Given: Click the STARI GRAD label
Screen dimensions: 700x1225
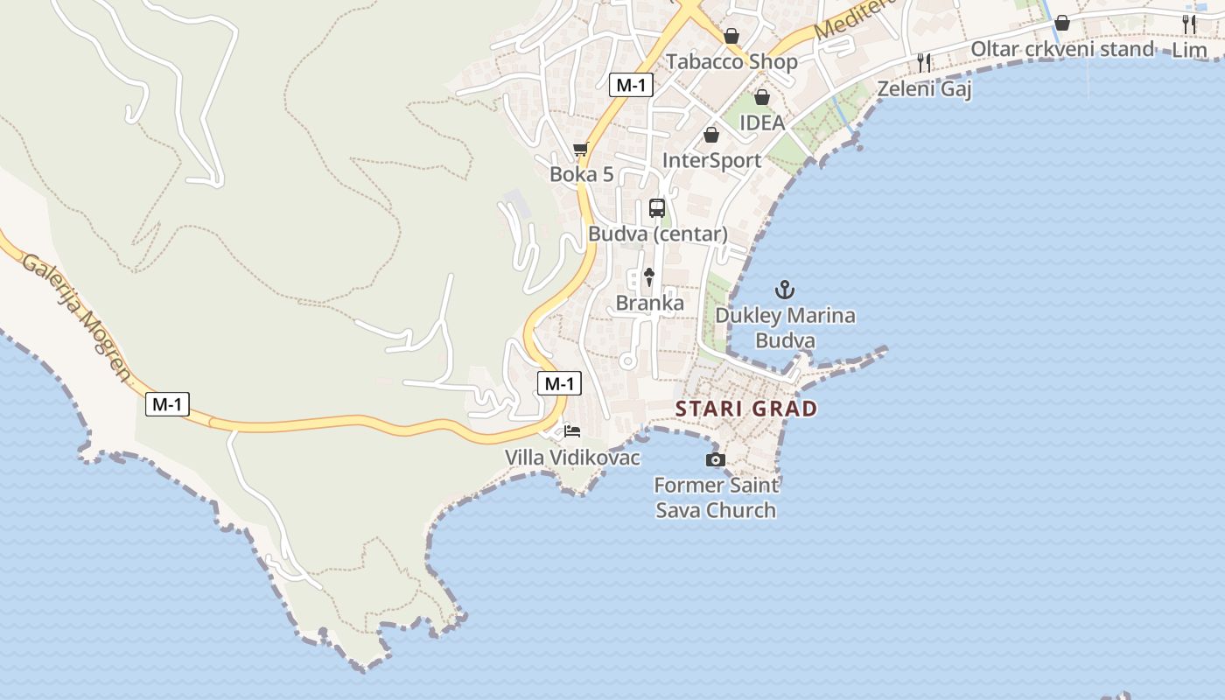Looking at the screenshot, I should point(746,409).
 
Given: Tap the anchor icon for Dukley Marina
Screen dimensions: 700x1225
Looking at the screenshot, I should point(785,289).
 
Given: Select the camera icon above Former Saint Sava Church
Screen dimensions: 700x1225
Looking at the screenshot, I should point(715,459).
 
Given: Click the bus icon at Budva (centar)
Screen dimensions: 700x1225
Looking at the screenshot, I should point(657,208).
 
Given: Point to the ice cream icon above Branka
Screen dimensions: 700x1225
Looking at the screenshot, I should point(649,277).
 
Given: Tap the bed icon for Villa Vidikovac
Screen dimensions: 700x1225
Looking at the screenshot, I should point(572,430).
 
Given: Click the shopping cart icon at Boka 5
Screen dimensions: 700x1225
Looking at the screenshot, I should point(580,150).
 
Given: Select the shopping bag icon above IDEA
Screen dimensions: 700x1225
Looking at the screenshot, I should point(762,97).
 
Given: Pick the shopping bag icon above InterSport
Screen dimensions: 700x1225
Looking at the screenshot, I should point(711,135).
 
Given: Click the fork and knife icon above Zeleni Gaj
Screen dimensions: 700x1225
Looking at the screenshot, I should point(924,62).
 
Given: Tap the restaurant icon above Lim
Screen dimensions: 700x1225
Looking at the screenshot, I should point(1188,24).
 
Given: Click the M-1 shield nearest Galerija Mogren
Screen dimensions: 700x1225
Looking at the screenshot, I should point(167,404).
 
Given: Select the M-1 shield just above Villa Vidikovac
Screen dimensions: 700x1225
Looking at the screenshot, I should point(559,383).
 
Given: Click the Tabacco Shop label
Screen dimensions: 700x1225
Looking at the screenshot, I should point(731,61).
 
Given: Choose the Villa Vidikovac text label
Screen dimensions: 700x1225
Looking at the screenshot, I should point(572,458).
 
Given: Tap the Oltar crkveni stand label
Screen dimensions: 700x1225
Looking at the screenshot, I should point(1062,49).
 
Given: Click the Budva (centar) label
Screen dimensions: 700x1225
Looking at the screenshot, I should point(658,234).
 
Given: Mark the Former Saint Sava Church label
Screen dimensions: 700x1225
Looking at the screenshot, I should point(716,497).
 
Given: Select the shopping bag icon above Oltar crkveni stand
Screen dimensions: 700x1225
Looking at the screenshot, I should point(1062,23).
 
